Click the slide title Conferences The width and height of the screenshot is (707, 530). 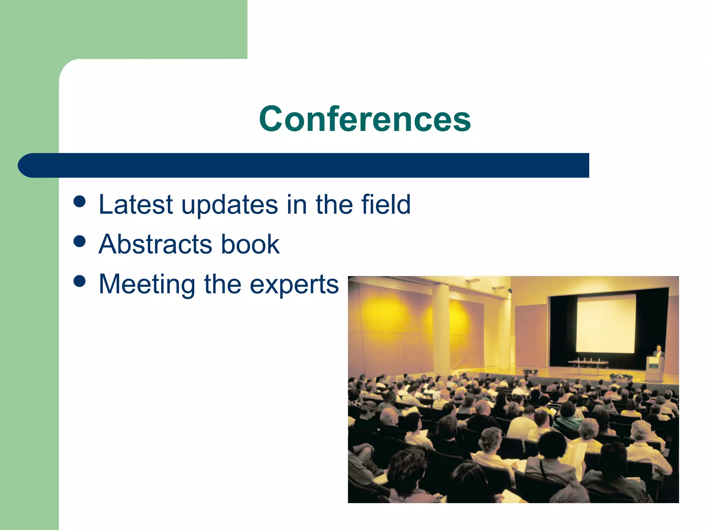pyautogui.click(x=365, y=119)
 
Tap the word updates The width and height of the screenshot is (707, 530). pyautogui.click(x=230, y=205)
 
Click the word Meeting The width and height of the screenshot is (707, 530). pyautogui.click(x=147, y=284)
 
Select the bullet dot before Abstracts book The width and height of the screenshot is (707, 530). pyautogui.click(x=80, y=241)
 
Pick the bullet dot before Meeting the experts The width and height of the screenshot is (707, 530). pyautogui.click(x=80, y=281)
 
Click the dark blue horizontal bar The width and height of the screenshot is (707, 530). pyautogui.click(x=304, y=165)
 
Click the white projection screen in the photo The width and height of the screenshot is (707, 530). pyautogui.click(x=606, y=324)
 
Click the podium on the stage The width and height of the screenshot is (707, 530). pyautogui.click(x=655, y=369)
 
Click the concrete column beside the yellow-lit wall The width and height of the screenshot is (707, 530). pyautogui.click(x=441, y=331)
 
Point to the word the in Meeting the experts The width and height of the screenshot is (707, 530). pyautogui.click(x=223, y=284)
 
